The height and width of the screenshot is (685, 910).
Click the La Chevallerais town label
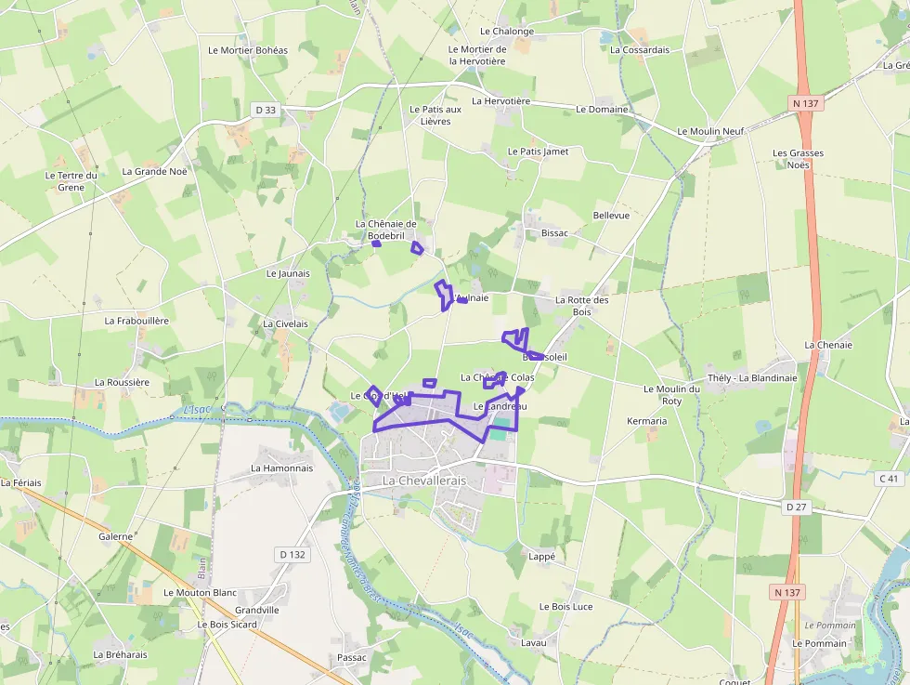428,481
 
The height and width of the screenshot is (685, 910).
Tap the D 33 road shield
266,110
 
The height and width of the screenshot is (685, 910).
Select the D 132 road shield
292,555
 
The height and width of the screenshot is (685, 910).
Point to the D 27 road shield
796,507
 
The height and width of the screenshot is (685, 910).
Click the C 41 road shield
890,479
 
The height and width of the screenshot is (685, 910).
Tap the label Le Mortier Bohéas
248,50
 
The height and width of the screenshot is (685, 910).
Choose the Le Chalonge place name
507,32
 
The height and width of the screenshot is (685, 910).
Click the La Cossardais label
640,50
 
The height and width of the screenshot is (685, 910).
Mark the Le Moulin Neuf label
711,132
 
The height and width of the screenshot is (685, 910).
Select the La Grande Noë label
154,171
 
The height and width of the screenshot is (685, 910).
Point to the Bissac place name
554,233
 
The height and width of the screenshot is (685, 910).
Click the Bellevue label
611,216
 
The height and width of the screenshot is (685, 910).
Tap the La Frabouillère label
136,321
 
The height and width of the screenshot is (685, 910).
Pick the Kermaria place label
647,421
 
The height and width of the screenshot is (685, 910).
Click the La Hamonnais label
282,468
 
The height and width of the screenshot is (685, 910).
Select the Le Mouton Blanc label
201,592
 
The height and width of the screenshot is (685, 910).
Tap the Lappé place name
541,557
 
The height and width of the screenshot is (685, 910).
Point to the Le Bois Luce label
565,606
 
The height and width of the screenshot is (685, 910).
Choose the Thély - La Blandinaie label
752,378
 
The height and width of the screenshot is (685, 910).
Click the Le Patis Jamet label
539,151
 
